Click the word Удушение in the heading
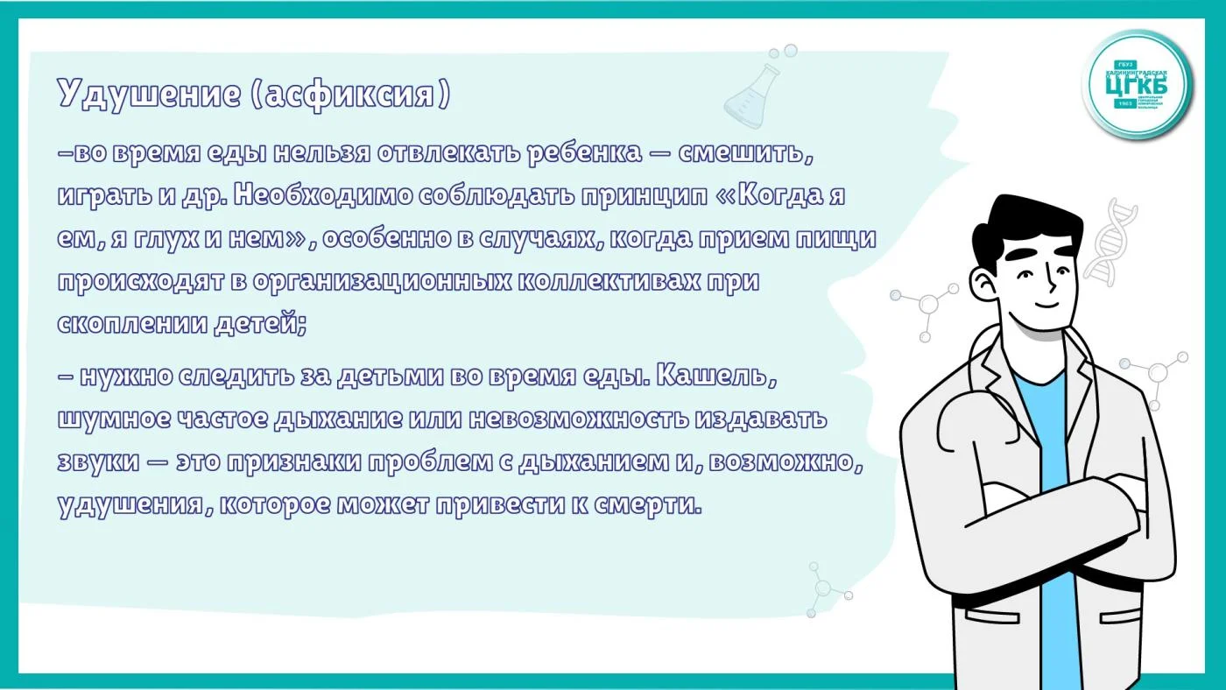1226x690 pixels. tap(149, 94)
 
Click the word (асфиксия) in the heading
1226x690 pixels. tap(351, 95)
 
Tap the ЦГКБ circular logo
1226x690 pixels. tap(1137, 84)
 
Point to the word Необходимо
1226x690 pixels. tap(323, 195)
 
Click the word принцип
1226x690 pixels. tap(644, 196)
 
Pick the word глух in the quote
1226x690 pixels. tap(167, 238)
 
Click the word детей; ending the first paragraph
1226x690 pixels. tap(260, 324)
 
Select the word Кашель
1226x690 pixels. tap(716, 376)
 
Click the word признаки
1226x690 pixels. tap(294, 462)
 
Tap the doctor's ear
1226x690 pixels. tap(983, 284)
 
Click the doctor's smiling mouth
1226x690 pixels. tap(1046, 305)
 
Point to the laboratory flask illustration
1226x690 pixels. tap(752, 95)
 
